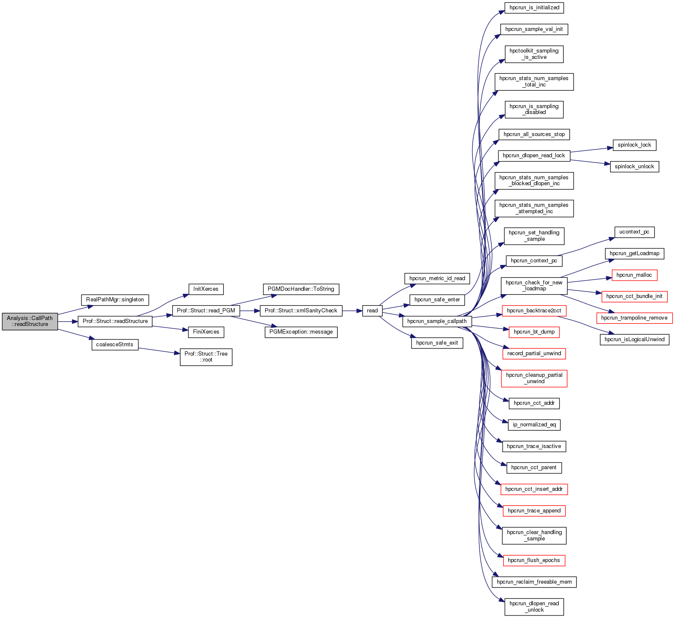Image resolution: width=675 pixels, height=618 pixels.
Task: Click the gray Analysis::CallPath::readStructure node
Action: point(30,321)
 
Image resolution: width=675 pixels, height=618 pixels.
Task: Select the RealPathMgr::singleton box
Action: point(115,300)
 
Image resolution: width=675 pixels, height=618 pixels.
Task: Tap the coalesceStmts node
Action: point(115,345)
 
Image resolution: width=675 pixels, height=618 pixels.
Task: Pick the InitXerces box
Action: point(206,289)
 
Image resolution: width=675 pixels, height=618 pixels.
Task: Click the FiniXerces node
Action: point(206,332)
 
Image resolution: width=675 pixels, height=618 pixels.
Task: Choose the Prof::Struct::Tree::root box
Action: point(206,357)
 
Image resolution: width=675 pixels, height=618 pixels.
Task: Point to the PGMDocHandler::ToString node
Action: point(301,289)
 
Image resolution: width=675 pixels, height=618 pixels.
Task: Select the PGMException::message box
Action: point(301,332)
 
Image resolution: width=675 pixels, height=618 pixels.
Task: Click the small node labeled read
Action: point(372,311)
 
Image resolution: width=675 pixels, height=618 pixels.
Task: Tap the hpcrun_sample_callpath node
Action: point(437,321)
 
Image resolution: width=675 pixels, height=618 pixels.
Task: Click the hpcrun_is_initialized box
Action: point(534,8)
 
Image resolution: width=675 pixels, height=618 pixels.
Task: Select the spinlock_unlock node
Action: point(634,167)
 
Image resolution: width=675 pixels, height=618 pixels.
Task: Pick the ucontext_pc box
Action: point(634,232)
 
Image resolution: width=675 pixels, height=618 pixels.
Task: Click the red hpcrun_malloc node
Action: point(634,275)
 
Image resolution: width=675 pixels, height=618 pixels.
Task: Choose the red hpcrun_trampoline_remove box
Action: point(634,318)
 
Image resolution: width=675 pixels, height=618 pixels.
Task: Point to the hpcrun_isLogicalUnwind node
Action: point(634,340)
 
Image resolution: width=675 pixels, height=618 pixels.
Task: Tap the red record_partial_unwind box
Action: point(534,354)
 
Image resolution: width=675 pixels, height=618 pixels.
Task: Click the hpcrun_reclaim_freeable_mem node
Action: point(534,582)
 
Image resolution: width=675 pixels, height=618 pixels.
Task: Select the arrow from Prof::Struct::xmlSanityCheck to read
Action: point(352,311)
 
